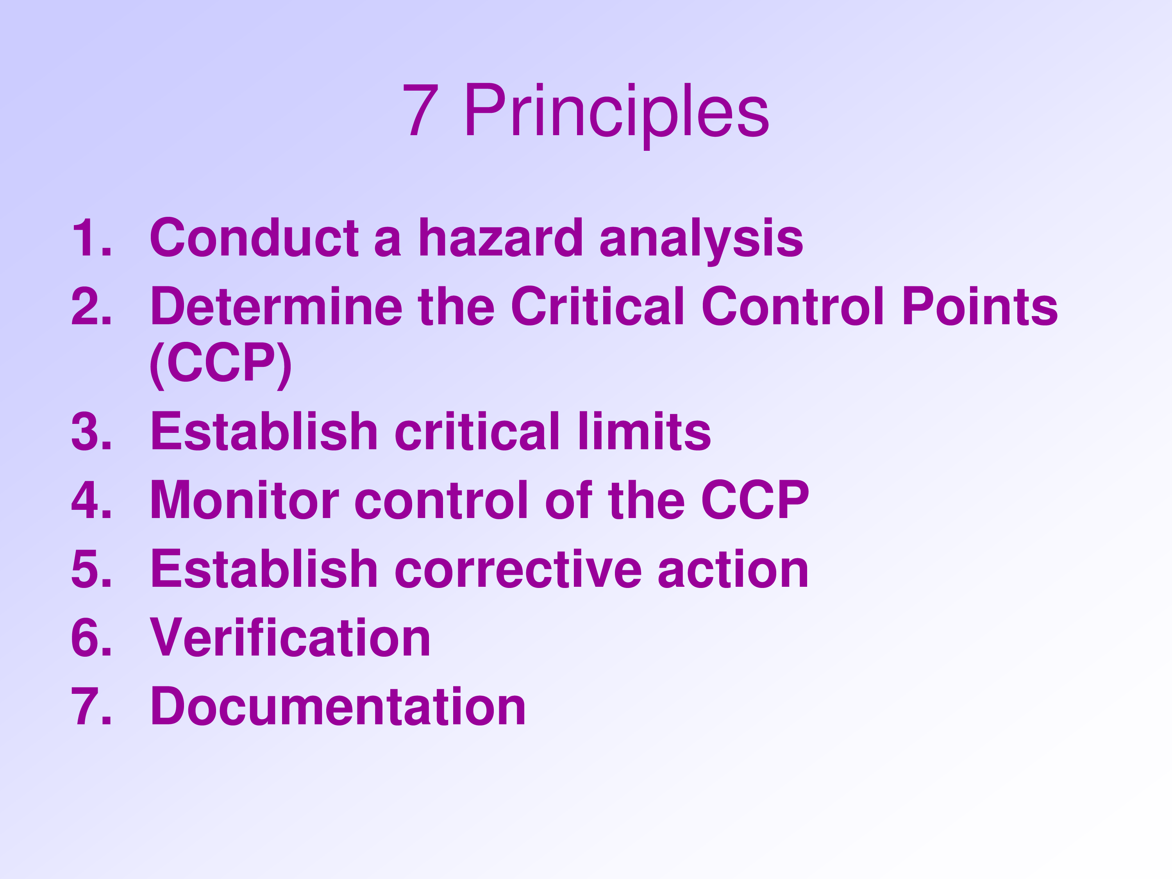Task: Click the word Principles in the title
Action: click(x=616, y=113)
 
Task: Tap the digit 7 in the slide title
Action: click(x=421, y=110)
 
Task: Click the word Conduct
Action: click(x=254, y=238)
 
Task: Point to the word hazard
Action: click(x=501, y=238)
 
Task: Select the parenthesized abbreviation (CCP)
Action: click(x=220, y=364)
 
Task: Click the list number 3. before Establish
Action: click(x=92, y=432)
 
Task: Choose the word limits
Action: click(x=644, y=432)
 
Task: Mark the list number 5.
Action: click(x=92, y=569)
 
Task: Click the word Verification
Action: click(x=290, y=638)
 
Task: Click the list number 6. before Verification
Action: click(x=92, y=638)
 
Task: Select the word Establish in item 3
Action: click(x=264, y=432)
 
